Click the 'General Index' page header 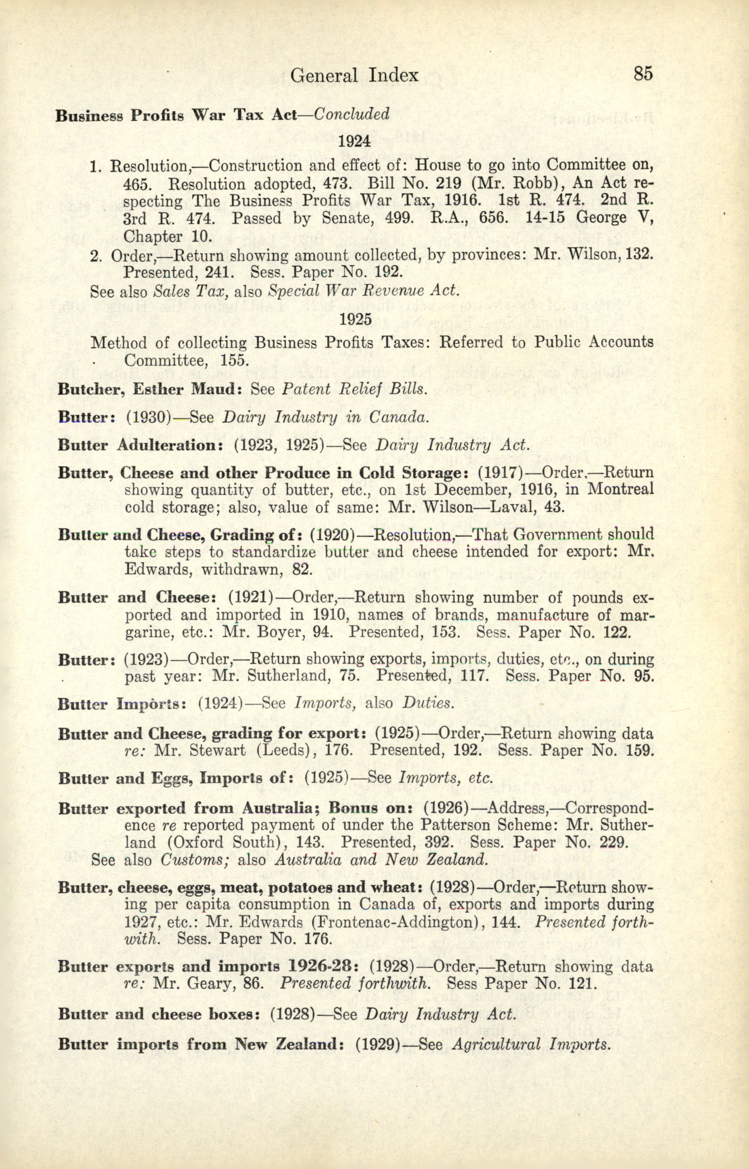tap(354, 76)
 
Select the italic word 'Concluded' tap(351, 114)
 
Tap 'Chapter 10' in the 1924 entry tap(167, 236)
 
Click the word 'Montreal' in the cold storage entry tap(620, 490)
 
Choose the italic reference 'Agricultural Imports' tap(527, 1045)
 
